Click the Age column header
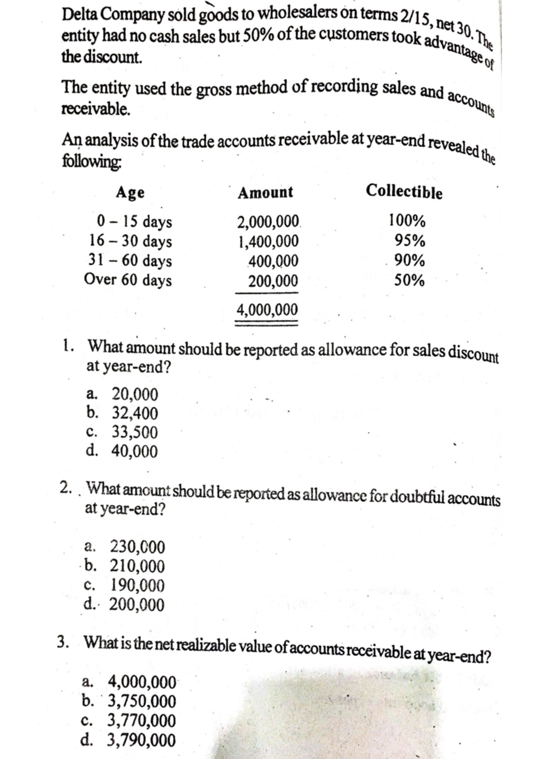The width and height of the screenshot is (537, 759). coord(130,193)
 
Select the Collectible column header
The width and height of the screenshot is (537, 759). coord(404,192)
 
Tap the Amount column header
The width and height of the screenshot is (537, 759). coord(265,193)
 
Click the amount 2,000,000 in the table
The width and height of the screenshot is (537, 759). coord(268,222)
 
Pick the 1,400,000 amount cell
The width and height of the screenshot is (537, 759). coord(268,241)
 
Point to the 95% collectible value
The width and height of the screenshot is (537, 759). coord(409,241)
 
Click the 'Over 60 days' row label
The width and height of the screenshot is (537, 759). coord(128,280)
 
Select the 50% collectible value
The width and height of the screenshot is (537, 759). coord(409,281)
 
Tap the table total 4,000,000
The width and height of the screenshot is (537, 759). coord(267,309)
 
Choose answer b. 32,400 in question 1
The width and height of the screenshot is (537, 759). coord(122,413)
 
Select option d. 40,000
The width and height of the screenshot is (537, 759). coord(122,451)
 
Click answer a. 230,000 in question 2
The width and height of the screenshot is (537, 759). coord(125,547)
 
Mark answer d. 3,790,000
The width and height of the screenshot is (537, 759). coord(129,741)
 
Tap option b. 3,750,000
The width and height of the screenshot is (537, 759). coord(129,701)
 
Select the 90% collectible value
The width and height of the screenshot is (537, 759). coord(409,261)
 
